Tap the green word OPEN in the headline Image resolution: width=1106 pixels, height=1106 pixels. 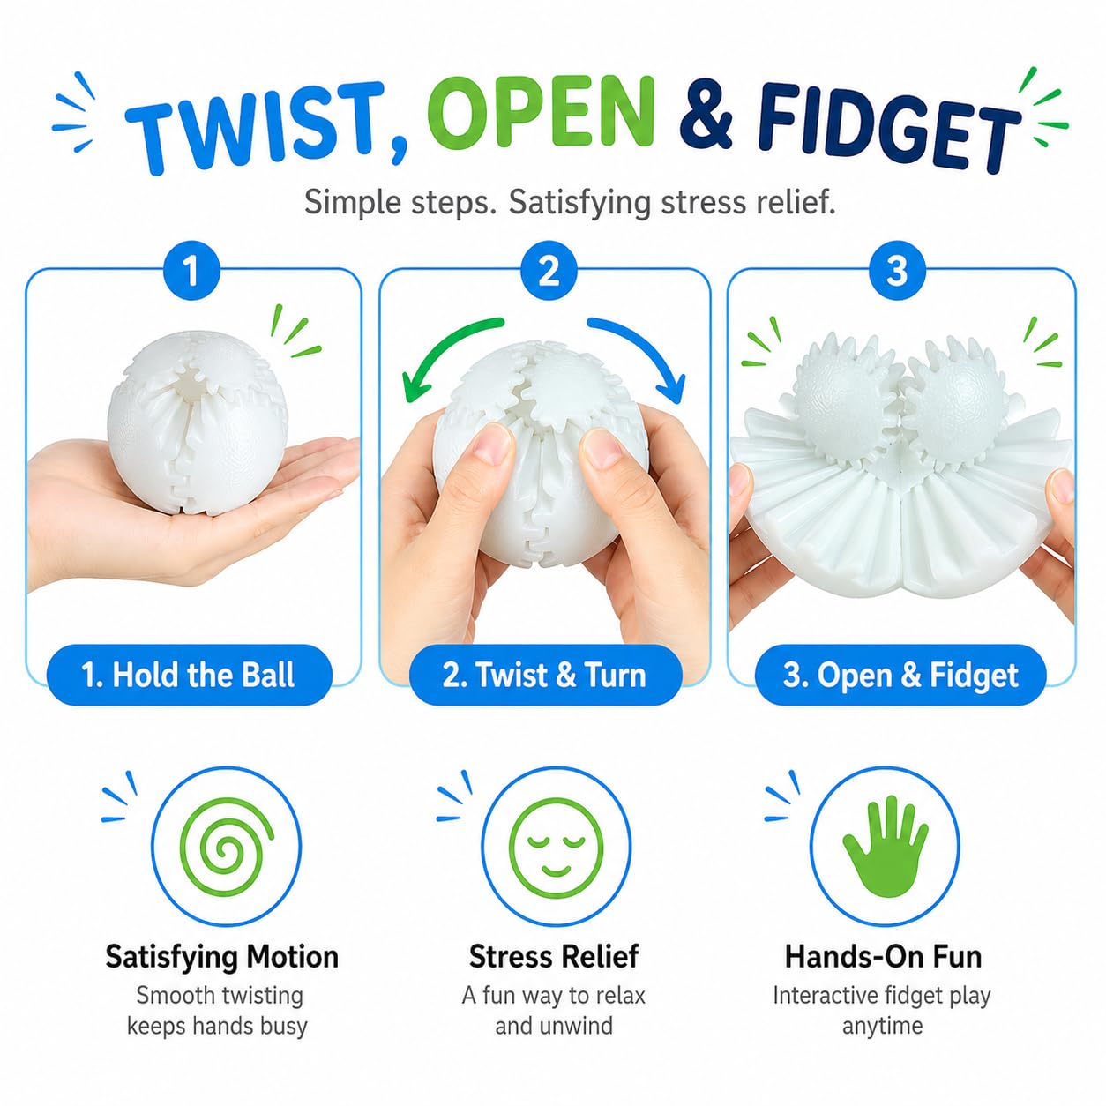(x=549, y=113)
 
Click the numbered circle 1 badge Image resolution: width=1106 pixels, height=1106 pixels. (x=191, y=271)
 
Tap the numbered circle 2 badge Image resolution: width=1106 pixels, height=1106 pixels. (x=549, y=271)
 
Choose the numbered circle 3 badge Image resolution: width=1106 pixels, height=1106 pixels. (x=898, y=271)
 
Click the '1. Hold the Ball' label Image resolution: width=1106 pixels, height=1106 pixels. (x=189, y=675)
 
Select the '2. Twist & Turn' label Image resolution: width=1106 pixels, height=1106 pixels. (x=545, y=675)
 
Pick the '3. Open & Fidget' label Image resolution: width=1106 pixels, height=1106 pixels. (x=900, y=675)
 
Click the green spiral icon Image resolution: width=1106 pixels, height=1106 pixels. (x=227, y=848)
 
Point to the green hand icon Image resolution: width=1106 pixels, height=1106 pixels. (x=885, y=847)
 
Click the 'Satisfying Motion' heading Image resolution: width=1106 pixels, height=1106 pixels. (x=222, y=957)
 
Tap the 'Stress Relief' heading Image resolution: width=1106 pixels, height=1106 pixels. (x=554, y=956)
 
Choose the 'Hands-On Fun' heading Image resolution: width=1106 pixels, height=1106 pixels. (x=884, y=956)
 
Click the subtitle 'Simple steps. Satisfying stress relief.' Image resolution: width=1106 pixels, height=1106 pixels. (x=570, y=202)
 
